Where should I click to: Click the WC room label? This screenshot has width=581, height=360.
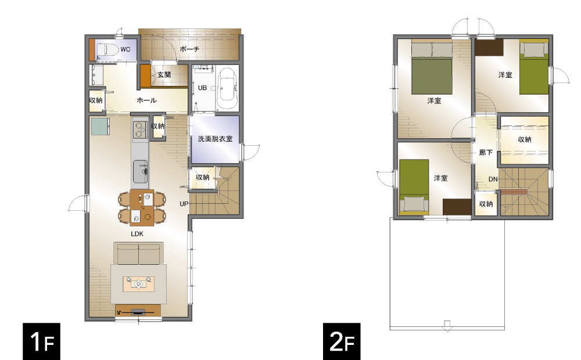point(125,49)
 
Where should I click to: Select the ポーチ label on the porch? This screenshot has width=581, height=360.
point(190,49)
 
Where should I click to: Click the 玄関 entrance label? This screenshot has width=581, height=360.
point(164,75)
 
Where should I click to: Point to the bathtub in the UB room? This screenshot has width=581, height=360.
point(227,88)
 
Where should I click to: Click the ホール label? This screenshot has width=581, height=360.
point(147,100)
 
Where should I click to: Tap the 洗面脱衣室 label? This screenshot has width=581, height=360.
point(215,139)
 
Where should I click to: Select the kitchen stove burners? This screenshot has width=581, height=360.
point(139,129)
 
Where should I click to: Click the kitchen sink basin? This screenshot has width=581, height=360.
point(140,171)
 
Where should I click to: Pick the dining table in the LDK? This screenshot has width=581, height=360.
point(142,207)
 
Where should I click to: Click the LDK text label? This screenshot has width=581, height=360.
point(137,233)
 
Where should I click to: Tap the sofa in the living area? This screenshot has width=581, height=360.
point(138,253)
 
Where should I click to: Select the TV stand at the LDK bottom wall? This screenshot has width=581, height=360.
point(138,311)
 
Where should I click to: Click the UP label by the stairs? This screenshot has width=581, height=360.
point(184,204)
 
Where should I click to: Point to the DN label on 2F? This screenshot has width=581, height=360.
point(493,179)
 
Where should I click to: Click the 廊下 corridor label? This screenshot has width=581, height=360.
point(486,152)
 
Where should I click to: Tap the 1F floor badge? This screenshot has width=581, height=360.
point(41,341)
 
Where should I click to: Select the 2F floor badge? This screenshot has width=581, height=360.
point(342,341)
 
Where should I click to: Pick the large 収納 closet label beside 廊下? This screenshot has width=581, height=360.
point(524,139)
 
